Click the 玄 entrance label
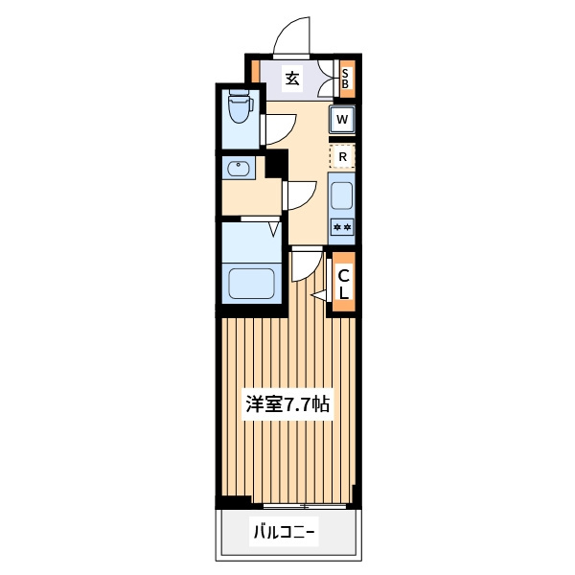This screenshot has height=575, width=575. tap(292, 79)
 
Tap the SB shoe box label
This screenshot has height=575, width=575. tap(345, 79)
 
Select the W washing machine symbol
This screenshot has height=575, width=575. tap(342, 119)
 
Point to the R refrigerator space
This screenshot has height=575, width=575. tap(342, 156)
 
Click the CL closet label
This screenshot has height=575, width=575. tap(344, 285)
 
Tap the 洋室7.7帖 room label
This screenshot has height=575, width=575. tap(287, 404)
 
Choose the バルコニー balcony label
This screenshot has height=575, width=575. tap(285, 532)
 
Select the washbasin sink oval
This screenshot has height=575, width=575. tap(239, 169)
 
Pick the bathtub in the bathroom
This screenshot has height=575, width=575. tap(251, 284)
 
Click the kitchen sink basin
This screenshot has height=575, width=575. tap(342, 195)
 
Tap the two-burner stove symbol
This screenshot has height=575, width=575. tap(342, 227)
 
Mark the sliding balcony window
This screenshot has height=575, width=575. tap(305, 506)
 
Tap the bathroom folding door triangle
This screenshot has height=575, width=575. tap(274, 229)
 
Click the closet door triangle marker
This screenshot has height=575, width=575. tap(319, 295)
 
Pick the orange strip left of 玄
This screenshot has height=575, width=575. tap(256, 72)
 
